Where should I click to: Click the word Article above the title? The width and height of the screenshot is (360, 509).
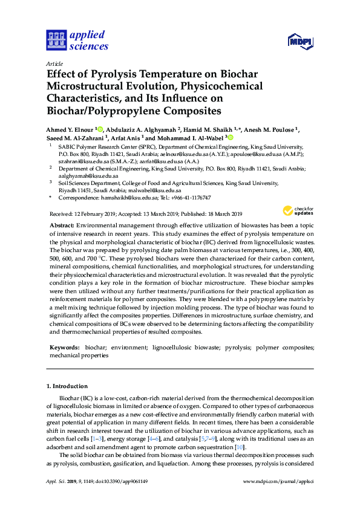pyautogui.click(x=54, y=63)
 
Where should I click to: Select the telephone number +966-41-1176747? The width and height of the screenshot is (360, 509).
pyautogui.click(x=189, y=198)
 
